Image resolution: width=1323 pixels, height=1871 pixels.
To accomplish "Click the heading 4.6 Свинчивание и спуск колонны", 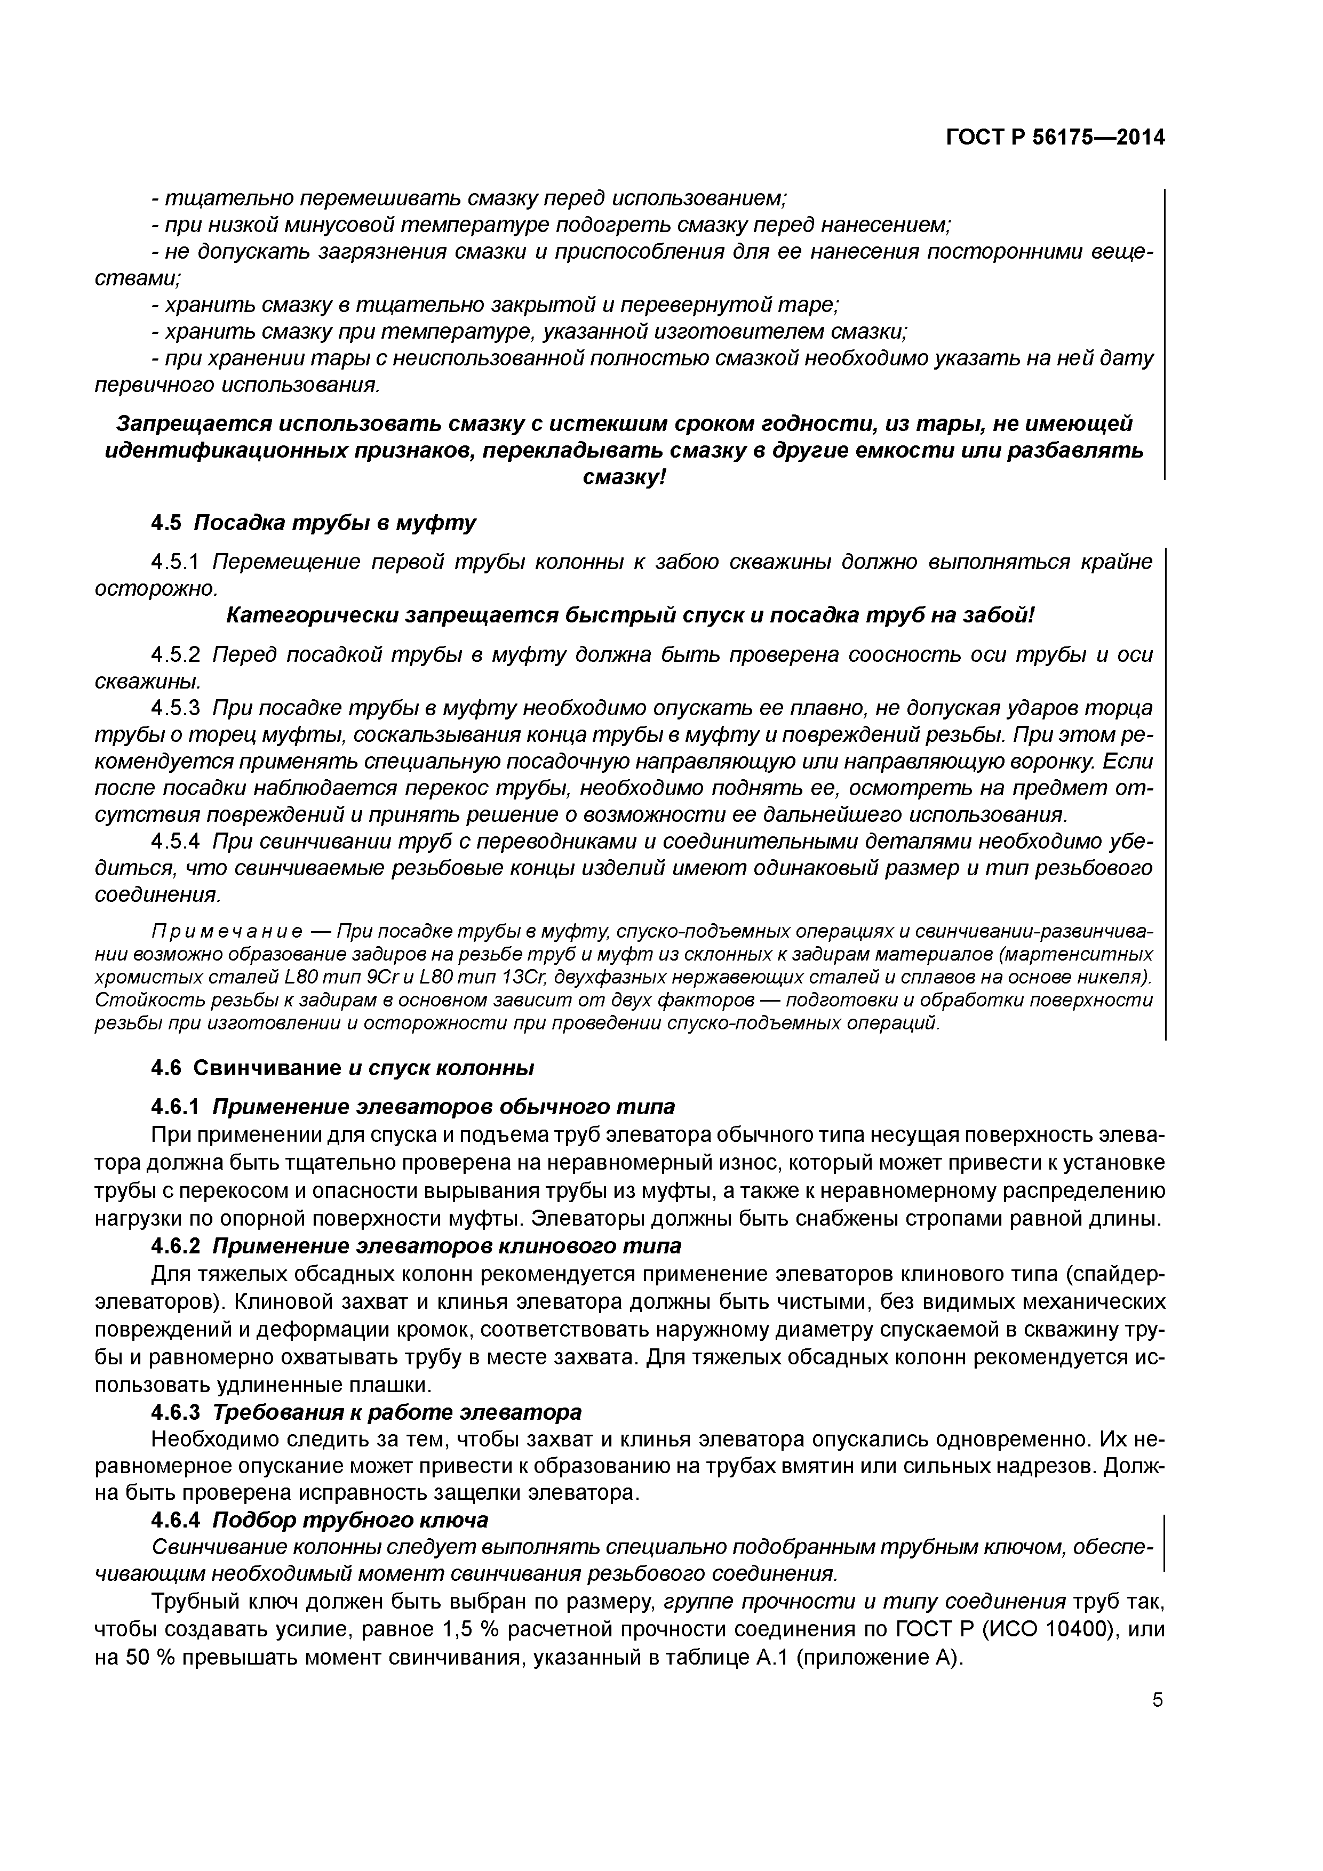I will click(x=342, y=1068).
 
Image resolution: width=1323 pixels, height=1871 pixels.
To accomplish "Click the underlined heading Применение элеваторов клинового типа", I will click(x=447, y=1246).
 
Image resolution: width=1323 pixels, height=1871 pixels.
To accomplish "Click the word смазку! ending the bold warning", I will click(x=624, y=477).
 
